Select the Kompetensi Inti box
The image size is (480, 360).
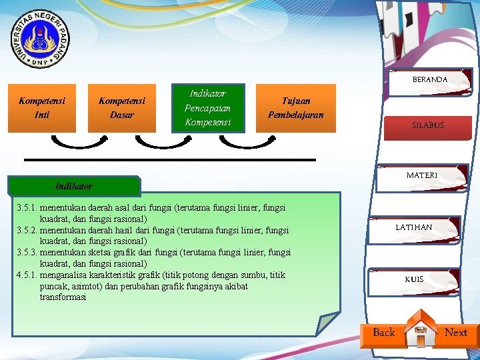(41, 107)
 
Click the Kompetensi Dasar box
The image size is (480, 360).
(121, 107)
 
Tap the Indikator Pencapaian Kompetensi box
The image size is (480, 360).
(207, 107)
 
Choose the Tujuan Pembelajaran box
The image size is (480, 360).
(295, 107)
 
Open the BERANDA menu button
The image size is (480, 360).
(430, 79)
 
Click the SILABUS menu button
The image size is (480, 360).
(428, 125)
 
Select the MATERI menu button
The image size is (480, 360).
(421, 175)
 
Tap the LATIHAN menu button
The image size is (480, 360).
(413, 227)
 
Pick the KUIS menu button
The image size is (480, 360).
(413, 279)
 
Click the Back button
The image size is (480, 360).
(383, 333)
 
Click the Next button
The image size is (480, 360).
(456, 333)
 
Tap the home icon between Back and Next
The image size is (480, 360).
(420, 329)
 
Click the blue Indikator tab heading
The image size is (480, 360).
(74, 186)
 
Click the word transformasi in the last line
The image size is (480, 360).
(63, 297)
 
